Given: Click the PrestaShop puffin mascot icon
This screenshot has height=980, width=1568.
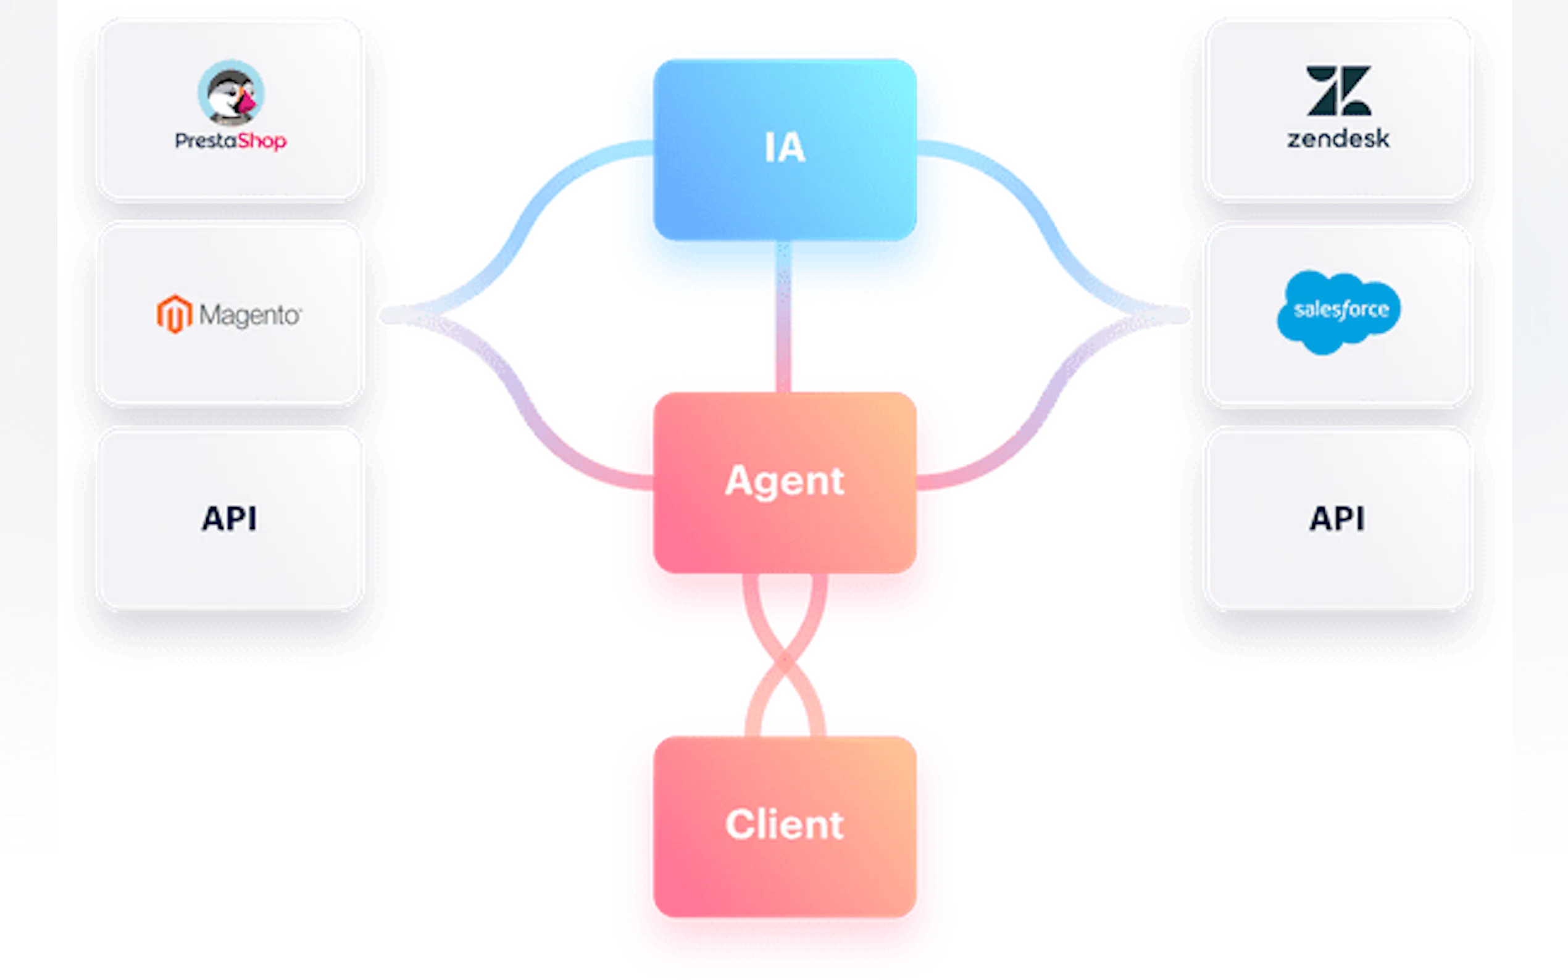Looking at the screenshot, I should tap(231, 93).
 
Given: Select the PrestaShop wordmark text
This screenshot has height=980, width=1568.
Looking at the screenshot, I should tap(231, 141).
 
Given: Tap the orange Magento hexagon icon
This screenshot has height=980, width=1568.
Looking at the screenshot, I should tap(173, 314).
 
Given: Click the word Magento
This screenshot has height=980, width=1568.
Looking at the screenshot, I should tap(250, 315).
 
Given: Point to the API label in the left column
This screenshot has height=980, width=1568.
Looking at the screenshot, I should tap(230, 518).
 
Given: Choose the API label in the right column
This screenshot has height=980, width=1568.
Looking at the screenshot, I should tap(1337, 518).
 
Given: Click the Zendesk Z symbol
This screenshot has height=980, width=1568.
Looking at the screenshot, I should tap(1338, 90).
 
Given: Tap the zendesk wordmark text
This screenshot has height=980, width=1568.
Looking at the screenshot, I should tap(1338, 139).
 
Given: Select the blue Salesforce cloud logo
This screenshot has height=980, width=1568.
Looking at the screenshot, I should tap(1338, 311).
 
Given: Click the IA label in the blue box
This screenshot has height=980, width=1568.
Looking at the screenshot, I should tap(785, 147).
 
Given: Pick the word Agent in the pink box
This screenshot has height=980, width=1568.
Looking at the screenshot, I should tap(785, 481).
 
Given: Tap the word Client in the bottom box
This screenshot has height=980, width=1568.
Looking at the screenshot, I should tap(785, 824).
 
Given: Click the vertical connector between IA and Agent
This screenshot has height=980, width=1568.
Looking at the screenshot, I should tap(783, 318).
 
